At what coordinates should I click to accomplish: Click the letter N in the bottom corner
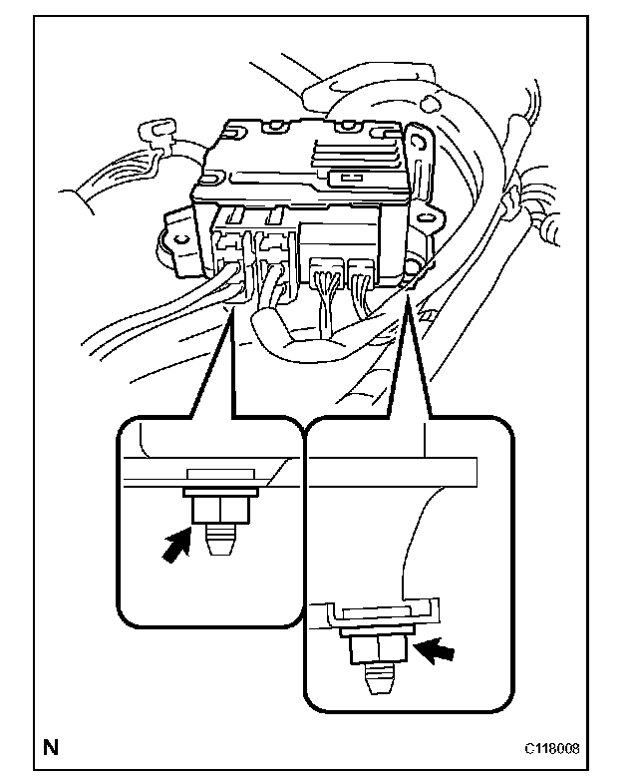[x=49, y=745]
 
